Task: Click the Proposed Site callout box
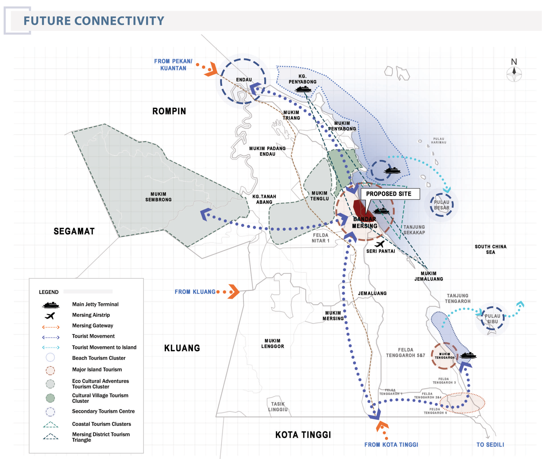pos(390,194)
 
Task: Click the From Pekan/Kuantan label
pos(173,65)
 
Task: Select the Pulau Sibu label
pos(492,319)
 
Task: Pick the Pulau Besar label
pos(442,205)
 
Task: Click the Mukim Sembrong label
pos(158,197)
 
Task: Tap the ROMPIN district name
pos(169,111)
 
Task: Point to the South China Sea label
pos(491,249)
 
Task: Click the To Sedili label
pos(490,445)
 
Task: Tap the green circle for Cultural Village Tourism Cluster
pos(50,398)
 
